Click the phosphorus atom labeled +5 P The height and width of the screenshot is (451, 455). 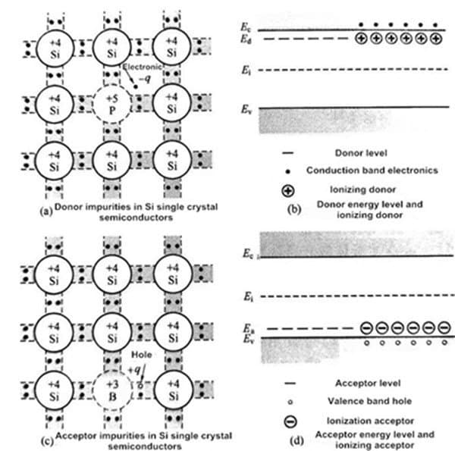point(112,104)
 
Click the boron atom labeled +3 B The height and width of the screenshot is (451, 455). point(112,390)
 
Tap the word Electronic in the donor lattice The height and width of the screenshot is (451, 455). point(143,67)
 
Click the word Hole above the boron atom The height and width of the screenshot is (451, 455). point(142,355)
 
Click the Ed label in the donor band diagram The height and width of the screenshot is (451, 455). point(246,39)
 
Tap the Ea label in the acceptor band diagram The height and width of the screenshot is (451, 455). point(248,329)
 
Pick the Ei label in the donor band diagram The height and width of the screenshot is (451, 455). point(246,70)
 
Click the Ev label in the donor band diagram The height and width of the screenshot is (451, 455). point(246,109)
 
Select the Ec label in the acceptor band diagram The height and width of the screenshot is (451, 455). point(248,253)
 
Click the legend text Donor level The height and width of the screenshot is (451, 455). point(361,153)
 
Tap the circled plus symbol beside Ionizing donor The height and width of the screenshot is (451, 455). point(288,190)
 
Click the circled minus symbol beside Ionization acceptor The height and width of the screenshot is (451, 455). point(290,421)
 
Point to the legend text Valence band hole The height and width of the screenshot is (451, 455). point(370,401)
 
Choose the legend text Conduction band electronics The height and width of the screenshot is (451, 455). point(372,171)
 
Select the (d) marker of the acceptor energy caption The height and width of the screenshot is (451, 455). point(297,440)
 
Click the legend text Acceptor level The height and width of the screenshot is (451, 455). point(368,383)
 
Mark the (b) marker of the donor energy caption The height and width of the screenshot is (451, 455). point(294,209)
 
